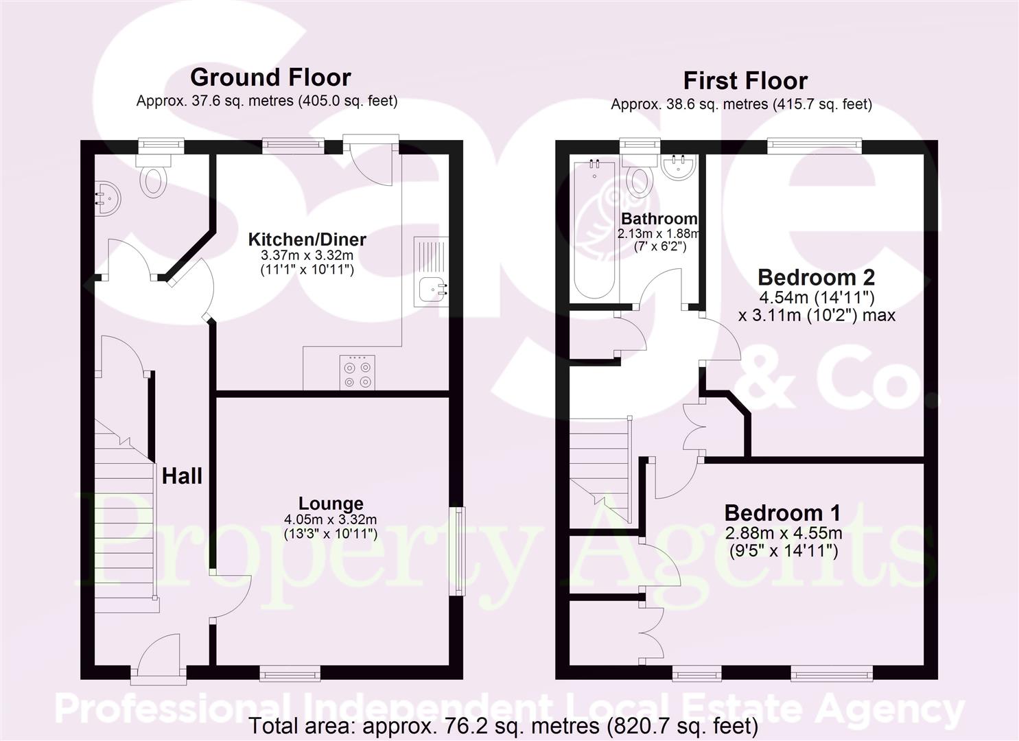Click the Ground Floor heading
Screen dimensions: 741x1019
[x=270, y=77]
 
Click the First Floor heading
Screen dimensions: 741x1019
[x=745, y=81]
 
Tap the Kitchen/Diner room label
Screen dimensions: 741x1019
[x=307, y=239]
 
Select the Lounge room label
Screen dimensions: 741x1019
[x=331, y=504]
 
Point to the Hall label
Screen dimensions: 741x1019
[x=182, y=475]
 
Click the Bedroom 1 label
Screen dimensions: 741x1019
[x=782, y=513]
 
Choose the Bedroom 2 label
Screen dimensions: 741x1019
[x=816, y=277]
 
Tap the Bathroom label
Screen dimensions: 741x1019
[x=659, y=219]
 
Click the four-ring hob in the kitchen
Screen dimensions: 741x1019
[x=358, y=373]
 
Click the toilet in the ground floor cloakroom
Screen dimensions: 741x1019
[x=154, y=175]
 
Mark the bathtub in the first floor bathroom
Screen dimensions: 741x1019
[x=594, y=228]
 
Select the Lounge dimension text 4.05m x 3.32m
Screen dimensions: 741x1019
[x=331, y=519]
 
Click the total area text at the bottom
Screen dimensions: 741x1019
[x=503, y=725]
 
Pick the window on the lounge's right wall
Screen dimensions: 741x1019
[x=457, y=550]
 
